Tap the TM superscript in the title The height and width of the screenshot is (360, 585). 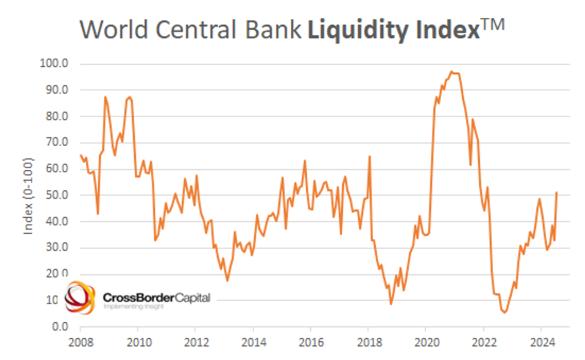coord(492,25)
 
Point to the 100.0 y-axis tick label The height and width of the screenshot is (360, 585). coord(54,63)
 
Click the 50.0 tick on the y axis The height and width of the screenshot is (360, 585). coord(57,195)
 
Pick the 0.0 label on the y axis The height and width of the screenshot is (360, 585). coord(60,326)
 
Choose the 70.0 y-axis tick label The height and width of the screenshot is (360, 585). coord(57,142)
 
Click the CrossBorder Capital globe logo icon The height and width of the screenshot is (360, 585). coord(79,298)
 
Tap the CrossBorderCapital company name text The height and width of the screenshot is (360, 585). coord(156,297)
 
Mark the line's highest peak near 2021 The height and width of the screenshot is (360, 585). coord(451,71)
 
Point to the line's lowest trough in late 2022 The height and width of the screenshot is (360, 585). coord(504,312)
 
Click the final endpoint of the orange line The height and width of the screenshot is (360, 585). coord(556,193)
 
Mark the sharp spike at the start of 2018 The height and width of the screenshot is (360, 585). coord(370,156)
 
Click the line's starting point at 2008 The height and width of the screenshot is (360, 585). coord(81,155)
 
